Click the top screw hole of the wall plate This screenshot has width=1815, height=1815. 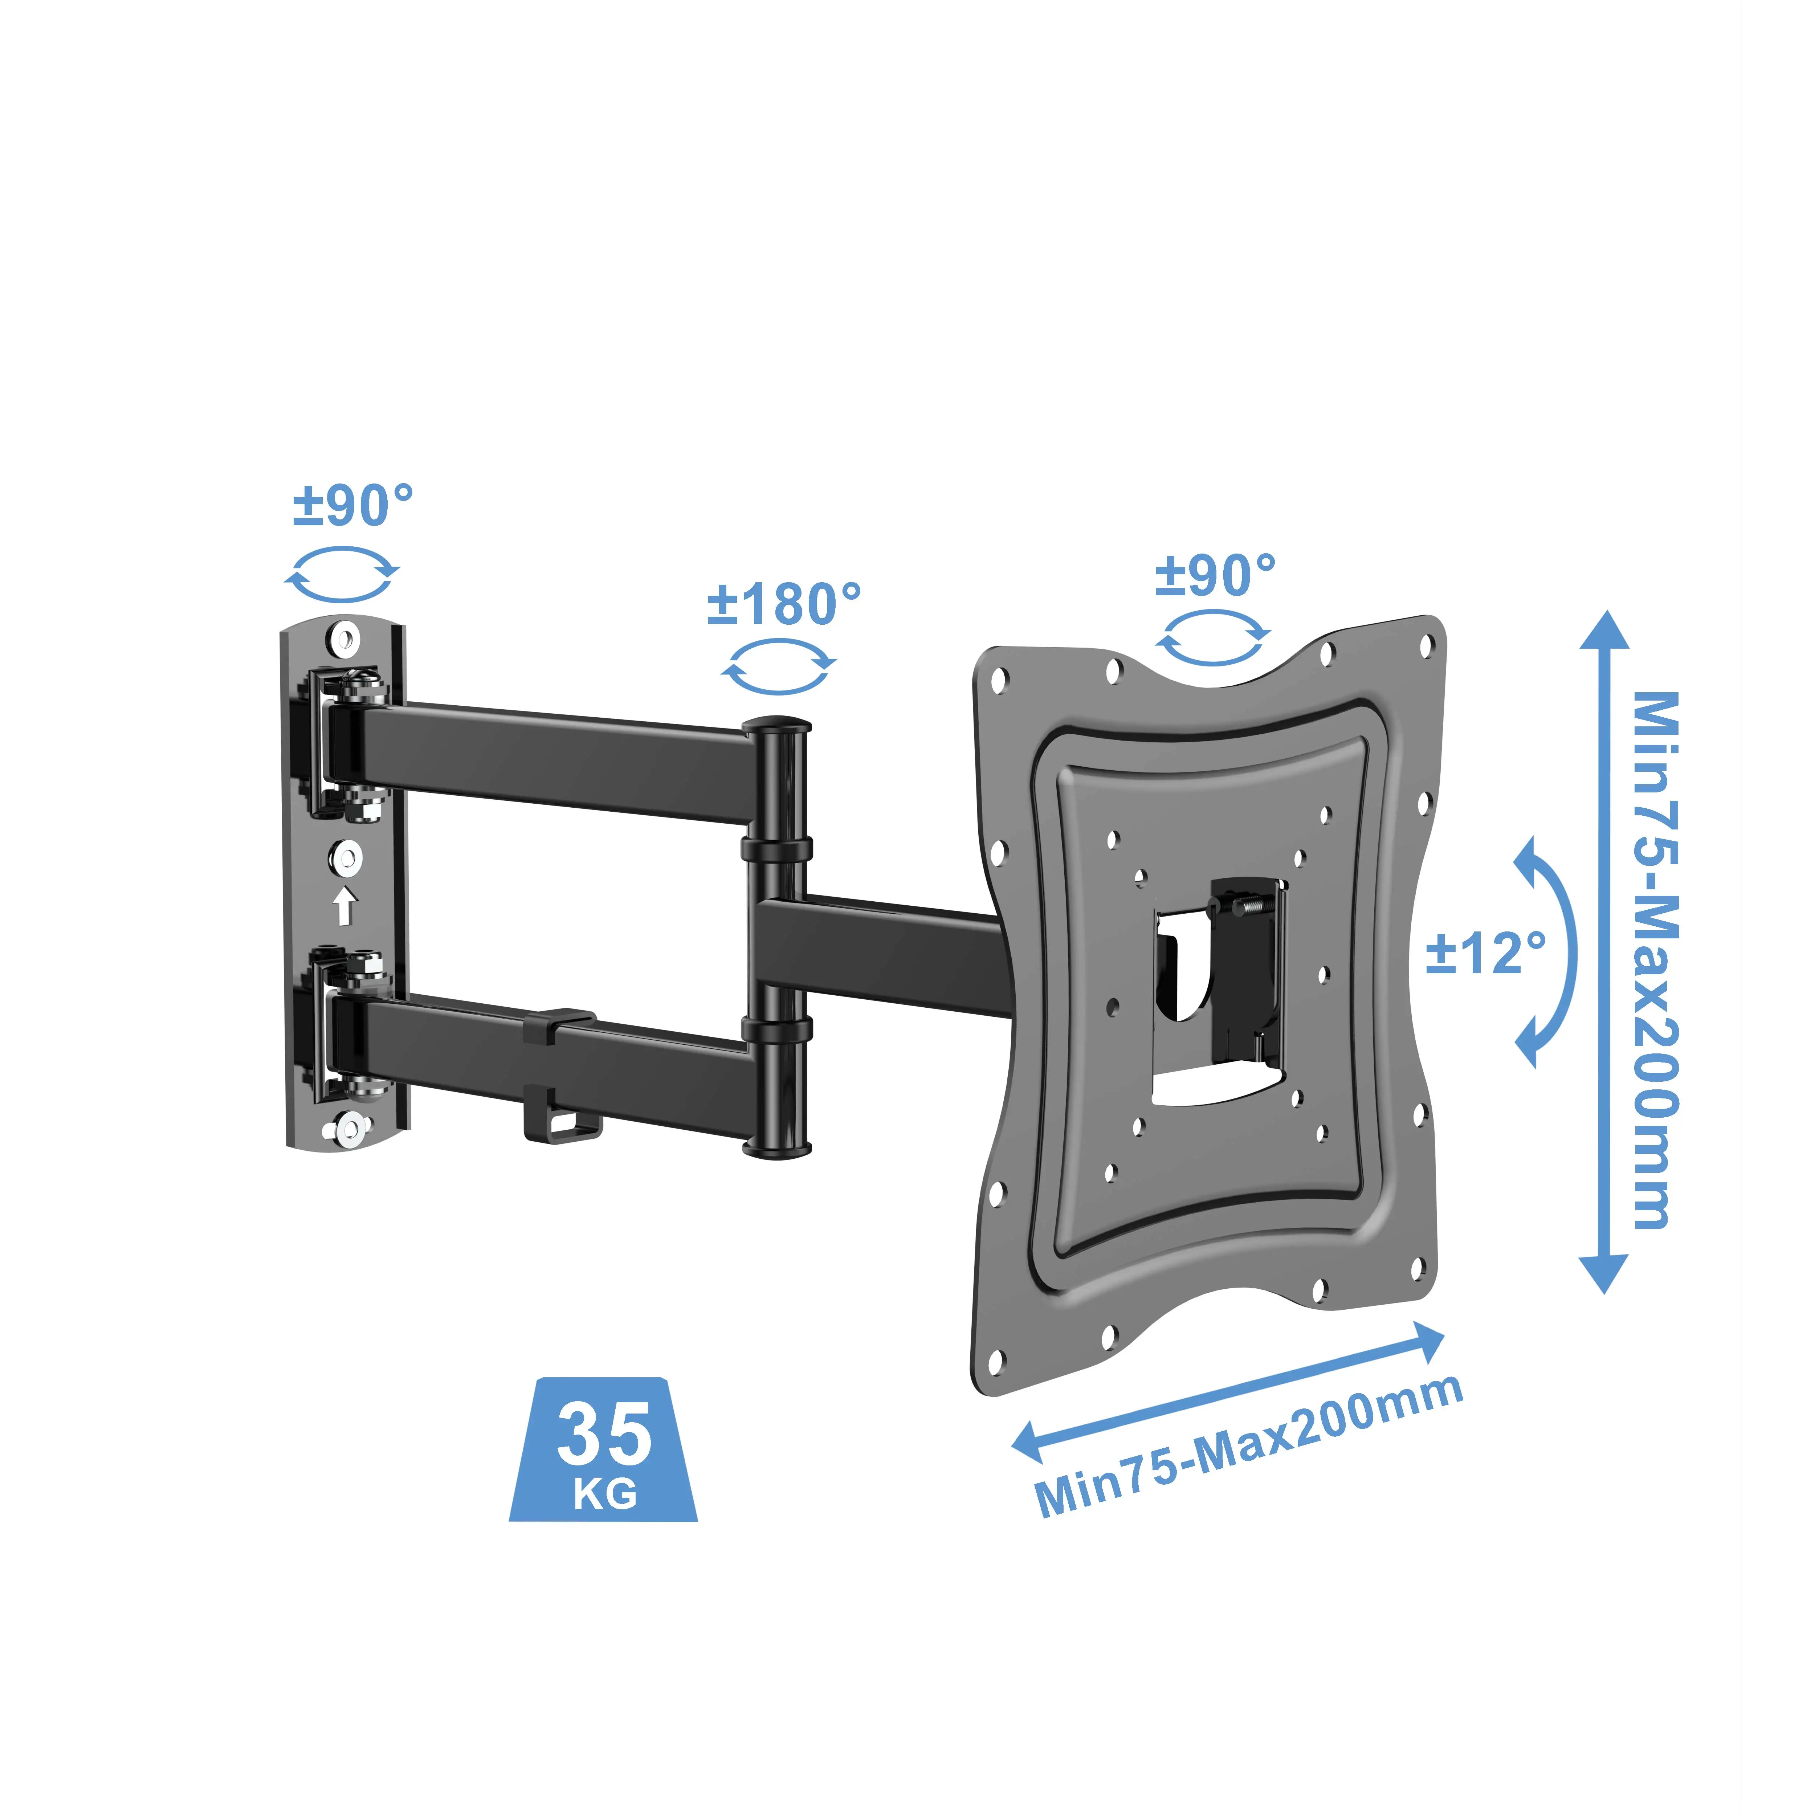pos(344,641)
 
